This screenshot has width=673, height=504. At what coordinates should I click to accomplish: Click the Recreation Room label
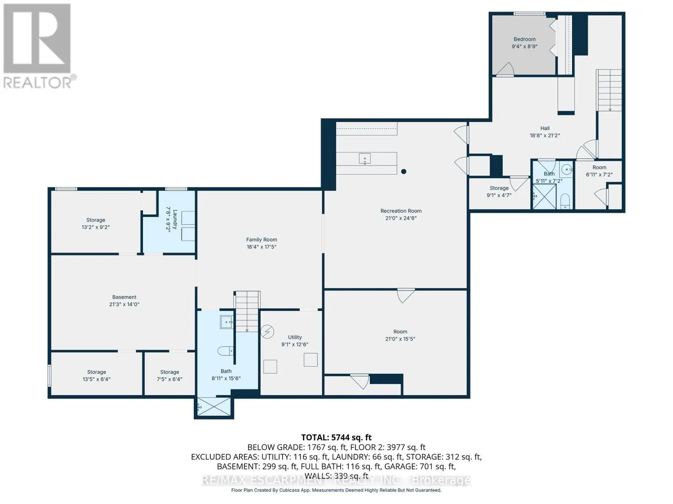point(401,211)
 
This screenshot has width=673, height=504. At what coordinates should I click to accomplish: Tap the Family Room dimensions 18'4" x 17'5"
point(261,247)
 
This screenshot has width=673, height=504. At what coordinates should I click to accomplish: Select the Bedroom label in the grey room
point(525,39)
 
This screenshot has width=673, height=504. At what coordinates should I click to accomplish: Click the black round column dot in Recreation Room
point(403,171)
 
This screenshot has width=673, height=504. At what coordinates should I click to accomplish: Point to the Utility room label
point(295,337)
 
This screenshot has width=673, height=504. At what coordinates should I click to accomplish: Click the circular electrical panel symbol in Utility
point(268,332)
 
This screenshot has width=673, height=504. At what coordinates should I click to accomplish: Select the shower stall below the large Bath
point(214,407)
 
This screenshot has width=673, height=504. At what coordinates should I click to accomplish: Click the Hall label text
point(545,128)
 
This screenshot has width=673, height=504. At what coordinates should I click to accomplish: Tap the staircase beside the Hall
point(609,90)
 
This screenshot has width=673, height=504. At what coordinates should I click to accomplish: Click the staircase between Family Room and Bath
point(247,311)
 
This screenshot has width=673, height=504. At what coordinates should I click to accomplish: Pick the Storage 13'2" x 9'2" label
point(95,220)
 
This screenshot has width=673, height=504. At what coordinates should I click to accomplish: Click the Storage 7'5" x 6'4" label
point(170,372)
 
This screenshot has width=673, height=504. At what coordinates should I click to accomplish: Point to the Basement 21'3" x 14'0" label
point(124,297)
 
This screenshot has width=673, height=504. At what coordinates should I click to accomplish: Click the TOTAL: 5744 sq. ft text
point(336,437)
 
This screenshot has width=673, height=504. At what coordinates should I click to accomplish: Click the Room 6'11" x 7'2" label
point(599,167)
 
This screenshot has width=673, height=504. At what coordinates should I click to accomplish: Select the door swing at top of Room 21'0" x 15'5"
point(406,295)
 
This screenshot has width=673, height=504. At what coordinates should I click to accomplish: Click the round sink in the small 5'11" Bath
point(567,170)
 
